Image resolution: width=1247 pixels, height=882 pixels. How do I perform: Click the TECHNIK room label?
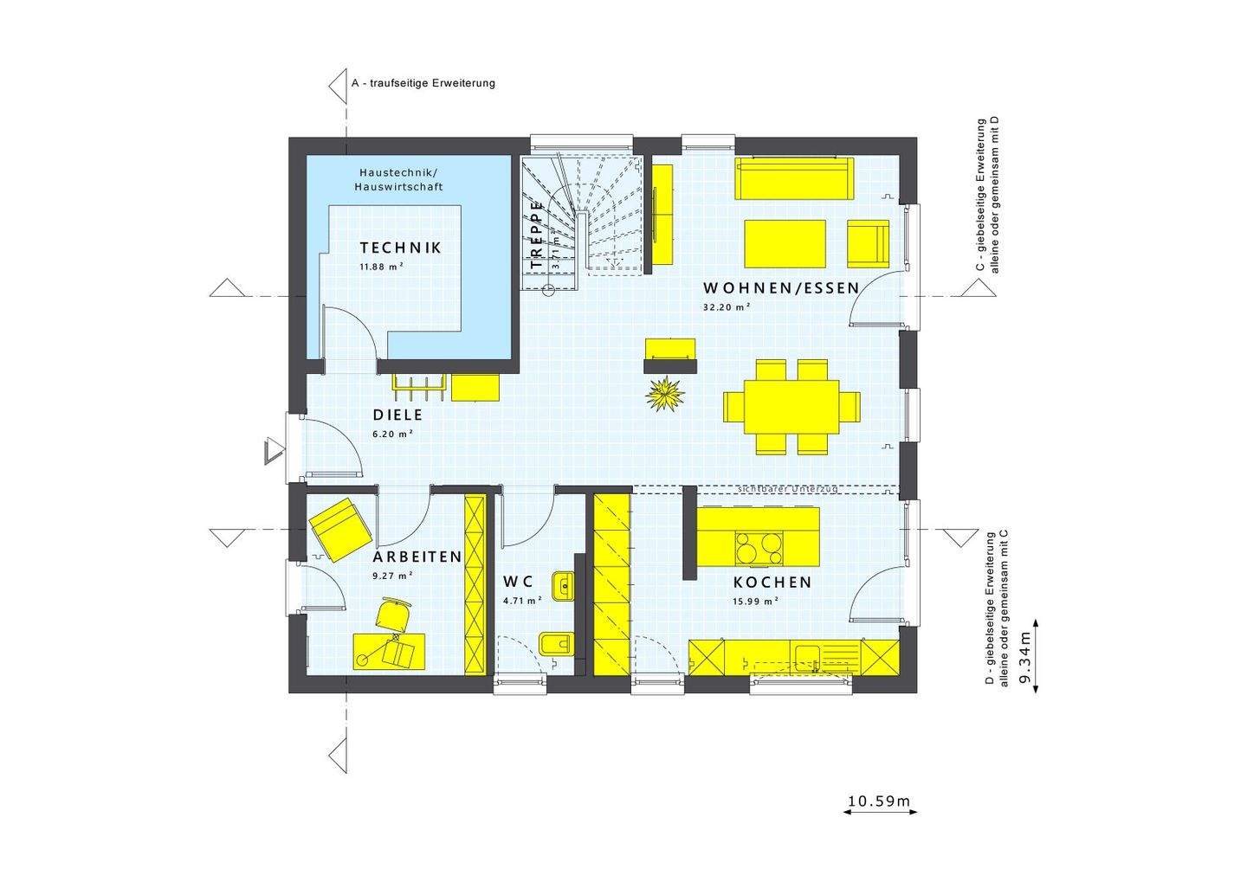click(400, 248)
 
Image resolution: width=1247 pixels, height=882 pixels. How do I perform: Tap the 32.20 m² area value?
click(727, 306)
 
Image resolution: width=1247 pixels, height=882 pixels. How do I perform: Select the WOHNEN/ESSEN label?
click(780, 288)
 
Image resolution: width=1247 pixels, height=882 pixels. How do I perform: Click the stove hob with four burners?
click(759, 548)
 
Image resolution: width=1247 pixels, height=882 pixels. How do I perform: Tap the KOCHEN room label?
click(772, 583)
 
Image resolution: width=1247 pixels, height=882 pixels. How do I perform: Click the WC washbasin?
click(564, 587)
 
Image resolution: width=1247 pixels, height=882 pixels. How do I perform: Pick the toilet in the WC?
click(555, 644)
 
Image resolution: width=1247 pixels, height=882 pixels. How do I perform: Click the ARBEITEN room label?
click(417, 557)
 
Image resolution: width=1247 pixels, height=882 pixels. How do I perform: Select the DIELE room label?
click(397, 415)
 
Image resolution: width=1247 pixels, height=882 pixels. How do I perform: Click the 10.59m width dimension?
click(879, 802)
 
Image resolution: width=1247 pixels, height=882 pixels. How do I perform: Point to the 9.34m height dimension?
click(1024, 655)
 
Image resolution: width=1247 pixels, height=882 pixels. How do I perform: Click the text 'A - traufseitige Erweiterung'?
click(423, 84)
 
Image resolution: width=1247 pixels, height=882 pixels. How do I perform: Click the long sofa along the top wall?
click(793, 177)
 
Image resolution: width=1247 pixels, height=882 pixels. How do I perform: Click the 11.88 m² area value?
click(382, 267)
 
